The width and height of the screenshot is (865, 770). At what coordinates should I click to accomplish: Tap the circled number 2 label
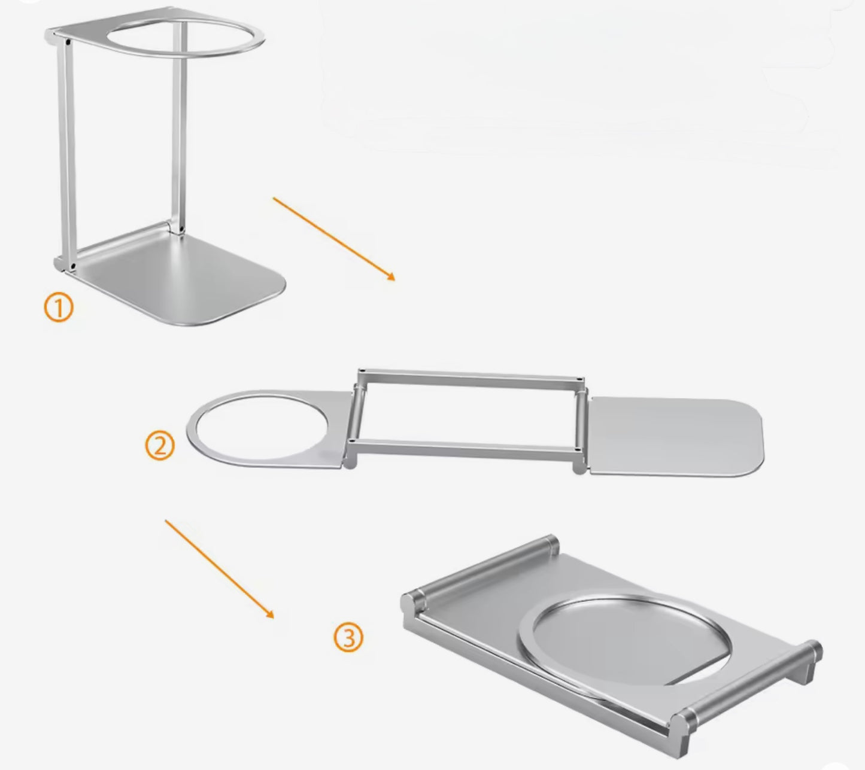click(160, 446)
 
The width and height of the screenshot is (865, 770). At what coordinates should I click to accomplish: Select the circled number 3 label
click(348, 638)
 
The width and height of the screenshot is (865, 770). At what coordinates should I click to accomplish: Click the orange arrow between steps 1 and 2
click(333, 238)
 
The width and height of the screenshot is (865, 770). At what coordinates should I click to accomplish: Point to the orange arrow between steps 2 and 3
click(219, 568)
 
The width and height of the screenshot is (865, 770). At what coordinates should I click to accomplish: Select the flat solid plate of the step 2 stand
click(676, 437)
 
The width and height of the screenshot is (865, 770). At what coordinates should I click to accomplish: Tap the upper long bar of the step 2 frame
click(470, 376)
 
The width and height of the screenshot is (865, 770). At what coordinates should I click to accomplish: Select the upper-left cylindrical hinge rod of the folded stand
click(479, 568)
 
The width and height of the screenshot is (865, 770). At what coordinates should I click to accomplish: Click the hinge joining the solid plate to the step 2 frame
click(580, 428)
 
